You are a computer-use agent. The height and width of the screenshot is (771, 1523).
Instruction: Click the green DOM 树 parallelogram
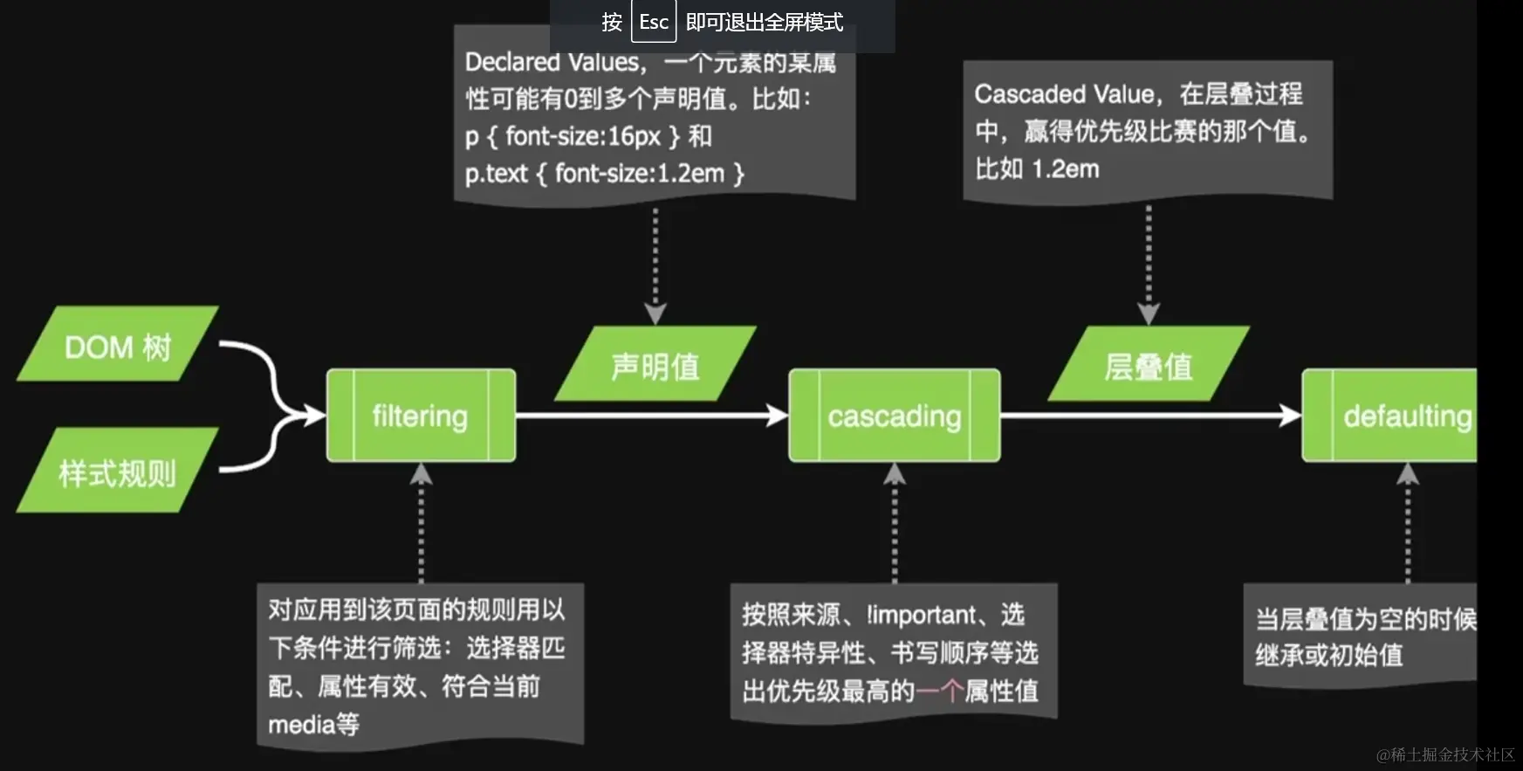118,345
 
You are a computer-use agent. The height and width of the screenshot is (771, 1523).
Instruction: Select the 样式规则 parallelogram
118,472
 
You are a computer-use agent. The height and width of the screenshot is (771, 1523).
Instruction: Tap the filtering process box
421,416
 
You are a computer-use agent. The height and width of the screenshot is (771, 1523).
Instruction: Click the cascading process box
894,416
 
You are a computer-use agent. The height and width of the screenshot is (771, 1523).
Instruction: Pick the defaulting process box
1396,416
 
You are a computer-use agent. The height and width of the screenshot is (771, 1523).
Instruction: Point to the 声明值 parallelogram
655,365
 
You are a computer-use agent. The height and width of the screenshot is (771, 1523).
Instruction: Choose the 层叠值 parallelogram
1149,365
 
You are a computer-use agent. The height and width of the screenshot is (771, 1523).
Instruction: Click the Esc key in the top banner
653,22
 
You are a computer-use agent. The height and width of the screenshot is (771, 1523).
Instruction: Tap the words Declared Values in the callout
552,63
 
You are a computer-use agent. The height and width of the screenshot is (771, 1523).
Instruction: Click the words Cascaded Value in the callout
1064,93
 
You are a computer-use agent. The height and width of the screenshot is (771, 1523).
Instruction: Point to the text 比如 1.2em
1037,169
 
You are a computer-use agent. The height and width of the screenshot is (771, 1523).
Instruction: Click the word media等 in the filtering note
313,724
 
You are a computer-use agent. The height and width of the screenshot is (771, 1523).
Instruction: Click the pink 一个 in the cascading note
939,691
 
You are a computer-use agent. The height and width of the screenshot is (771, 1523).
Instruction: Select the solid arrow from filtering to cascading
650,416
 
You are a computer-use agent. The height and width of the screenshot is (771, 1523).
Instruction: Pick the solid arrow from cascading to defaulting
1150,416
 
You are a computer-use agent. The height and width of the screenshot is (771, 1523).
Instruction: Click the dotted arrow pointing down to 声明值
655,262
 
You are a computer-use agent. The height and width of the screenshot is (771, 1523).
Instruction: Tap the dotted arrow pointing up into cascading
894,524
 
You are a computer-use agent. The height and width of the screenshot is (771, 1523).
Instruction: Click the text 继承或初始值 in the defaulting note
1328,655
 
